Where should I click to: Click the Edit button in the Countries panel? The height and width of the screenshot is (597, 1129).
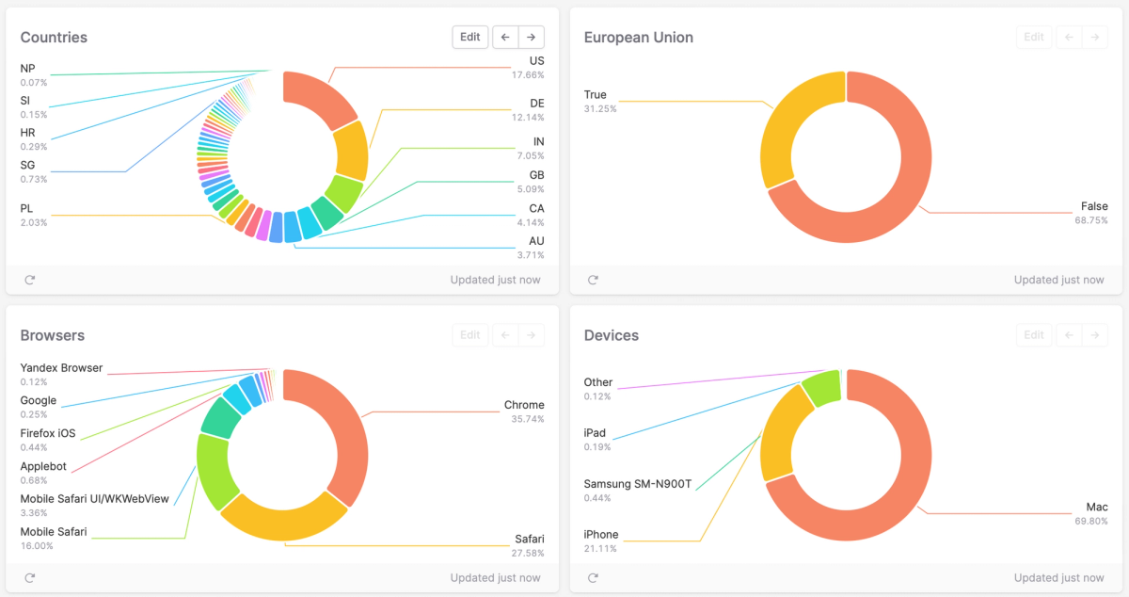tap(470, 38)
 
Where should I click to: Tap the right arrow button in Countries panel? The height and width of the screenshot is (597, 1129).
tap(532, 38)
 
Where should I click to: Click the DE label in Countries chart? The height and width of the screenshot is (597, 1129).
tap(536, 103)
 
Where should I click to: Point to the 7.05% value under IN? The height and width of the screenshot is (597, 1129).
tap(529, 156)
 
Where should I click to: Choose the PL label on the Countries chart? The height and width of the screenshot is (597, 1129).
tap(26, 208)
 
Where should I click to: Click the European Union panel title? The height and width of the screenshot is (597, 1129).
tap(638, 38)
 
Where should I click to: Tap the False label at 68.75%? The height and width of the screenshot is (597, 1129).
tap(1094, 206)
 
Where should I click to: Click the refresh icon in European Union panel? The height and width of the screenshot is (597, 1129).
tap(593, 280)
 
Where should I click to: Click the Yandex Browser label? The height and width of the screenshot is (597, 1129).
tap(61, 368)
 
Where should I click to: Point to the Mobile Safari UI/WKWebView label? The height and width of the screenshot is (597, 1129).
tap(94, 499)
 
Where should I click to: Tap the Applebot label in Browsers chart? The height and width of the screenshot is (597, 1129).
tap(44, 466)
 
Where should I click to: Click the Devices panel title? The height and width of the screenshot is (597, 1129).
tap(611, 335)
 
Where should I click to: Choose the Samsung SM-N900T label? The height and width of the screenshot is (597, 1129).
tap(637, 484)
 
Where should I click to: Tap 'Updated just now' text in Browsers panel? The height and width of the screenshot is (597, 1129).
tap(495, 577)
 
